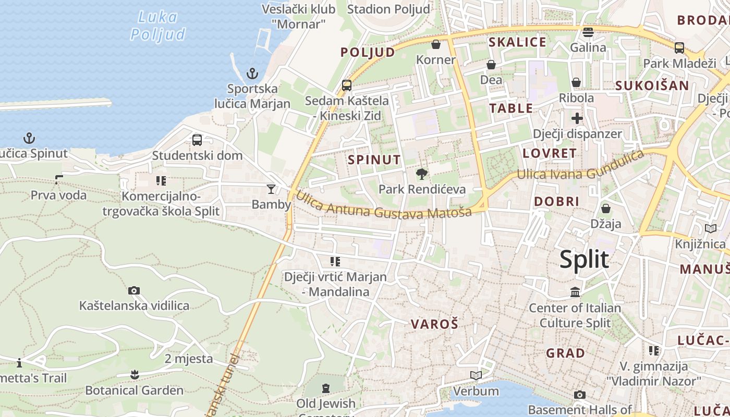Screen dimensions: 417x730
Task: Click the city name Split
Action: coord(584,260)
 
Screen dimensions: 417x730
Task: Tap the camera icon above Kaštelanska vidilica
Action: coord(134,290)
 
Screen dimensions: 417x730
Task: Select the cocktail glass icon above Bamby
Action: coord(271,189)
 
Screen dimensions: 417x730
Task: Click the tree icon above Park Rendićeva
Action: coord(422,174)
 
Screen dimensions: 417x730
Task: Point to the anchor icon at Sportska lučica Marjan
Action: coord(252,73)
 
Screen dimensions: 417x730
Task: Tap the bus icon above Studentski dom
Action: coord(197,140)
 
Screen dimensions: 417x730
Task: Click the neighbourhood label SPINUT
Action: coord(374,160)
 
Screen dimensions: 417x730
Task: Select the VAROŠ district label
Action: coord(434,324)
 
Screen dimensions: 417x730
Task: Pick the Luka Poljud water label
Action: coord(157,26)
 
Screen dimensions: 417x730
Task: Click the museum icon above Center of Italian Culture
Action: coord(575,292)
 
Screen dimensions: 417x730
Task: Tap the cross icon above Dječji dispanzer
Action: coord(577,118)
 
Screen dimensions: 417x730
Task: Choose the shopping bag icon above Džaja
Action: coord(606,208)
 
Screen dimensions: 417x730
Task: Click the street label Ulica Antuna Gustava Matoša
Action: coord(384,206)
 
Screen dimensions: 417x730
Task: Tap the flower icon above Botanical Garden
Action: coord(135,375)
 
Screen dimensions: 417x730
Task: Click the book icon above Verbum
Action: coord(476,375)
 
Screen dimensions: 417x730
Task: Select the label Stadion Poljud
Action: coord(388,9)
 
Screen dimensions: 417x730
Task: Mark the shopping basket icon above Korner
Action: coord(436,44)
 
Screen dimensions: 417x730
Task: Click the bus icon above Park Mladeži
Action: coord(679,48)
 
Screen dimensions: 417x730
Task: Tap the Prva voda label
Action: coord(58,195)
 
